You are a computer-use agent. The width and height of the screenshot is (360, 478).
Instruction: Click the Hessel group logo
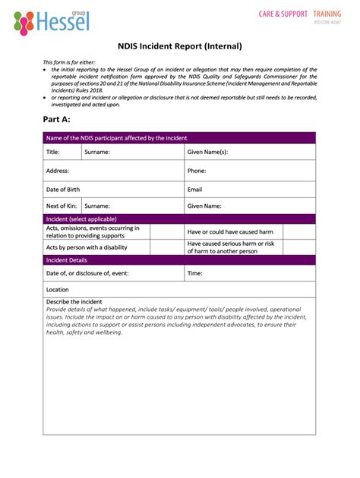[52, 22]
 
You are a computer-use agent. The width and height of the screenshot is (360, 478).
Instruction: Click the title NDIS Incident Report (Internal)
[180, 46]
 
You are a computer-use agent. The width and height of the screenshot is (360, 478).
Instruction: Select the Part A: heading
[57, 119]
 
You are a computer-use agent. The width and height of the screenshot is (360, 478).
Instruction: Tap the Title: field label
[53, 152]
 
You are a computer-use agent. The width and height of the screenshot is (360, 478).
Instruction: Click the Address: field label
[58, 171]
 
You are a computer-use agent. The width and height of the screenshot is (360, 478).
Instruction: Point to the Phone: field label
[197, 171]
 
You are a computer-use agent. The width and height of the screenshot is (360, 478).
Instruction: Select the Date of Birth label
[63, 189]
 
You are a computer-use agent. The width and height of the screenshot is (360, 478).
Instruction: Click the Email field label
[194, 189]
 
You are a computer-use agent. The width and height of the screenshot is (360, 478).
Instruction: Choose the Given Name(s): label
[207, 152]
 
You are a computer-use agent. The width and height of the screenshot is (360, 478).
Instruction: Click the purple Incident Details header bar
[179, 259]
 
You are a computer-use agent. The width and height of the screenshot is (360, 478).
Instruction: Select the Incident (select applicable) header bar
[179, 219]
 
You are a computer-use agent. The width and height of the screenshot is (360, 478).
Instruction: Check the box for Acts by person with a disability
[166, 247]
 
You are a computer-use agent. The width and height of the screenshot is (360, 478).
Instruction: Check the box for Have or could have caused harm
[299, 231]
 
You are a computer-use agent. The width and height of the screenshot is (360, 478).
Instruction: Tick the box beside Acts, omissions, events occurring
[166, 231]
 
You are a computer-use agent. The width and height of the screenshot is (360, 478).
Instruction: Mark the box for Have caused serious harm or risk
[299, 247]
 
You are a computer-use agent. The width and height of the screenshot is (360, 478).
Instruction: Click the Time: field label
[195, 273]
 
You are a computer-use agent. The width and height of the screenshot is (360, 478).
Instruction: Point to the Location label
[57, 290]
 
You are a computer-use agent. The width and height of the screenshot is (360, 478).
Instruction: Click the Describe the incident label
[74, 301]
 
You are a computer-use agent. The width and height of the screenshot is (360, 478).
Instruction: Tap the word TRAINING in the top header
[327, 14]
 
